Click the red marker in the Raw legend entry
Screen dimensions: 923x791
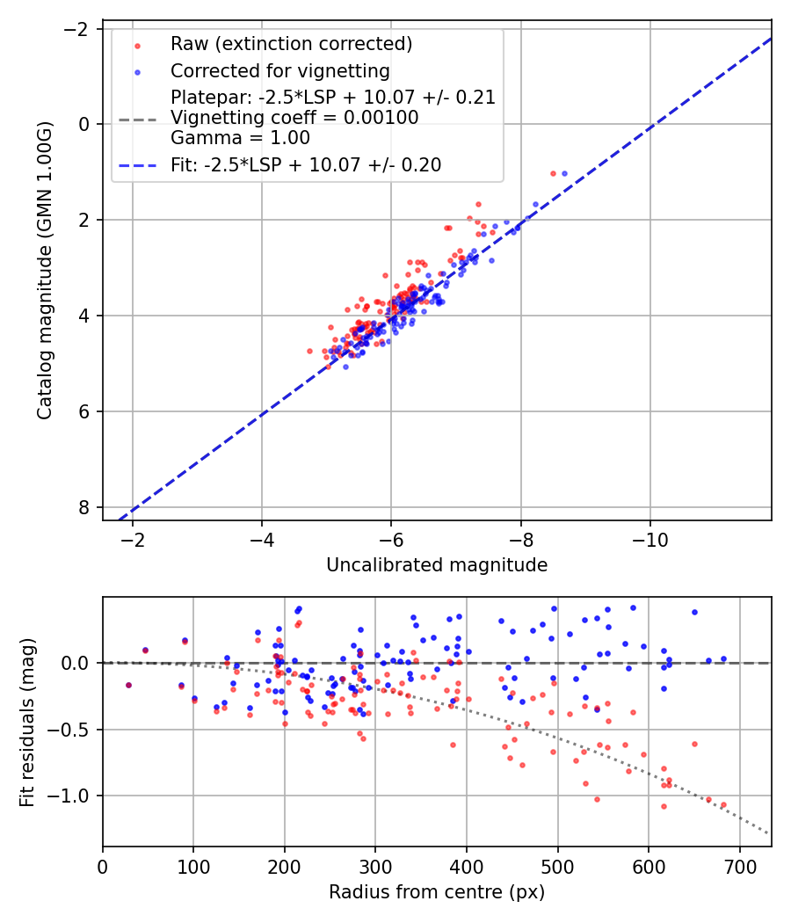(x=135, y=45)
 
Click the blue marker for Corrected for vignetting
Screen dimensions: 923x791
(x=135, y=71)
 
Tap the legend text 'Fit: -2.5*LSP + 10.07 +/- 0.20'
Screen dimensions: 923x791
(x=306, y=164)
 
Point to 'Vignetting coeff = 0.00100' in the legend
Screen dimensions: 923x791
(x=294, y=118)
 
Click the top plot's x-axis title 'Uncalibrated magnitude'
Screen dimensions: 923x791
(x=437, y=565)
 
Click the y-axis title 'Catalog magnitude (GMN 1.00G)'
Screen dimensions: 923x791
(x=46, y=271)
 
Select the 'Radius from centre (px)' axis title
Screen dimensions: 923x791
(x=437, y=892)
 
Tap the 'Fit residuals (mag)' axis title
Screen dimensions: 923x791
(x=27, y=721)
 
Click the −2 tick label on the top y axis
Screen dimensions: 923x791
(x=79, y=29)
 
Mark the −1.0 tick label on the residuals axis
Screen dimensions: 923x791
(x=74, y=796)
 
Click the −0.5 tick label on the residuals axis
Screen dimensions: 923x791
(x=74, y=730)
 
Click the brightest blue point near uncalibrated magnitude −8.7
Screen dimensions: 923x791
(x=564, y=173)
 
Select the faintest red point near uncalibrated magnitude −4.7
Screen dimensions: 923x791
(x=309, y=351)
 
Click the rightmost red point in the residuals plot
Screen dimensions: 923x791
(x=723, y=804)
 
